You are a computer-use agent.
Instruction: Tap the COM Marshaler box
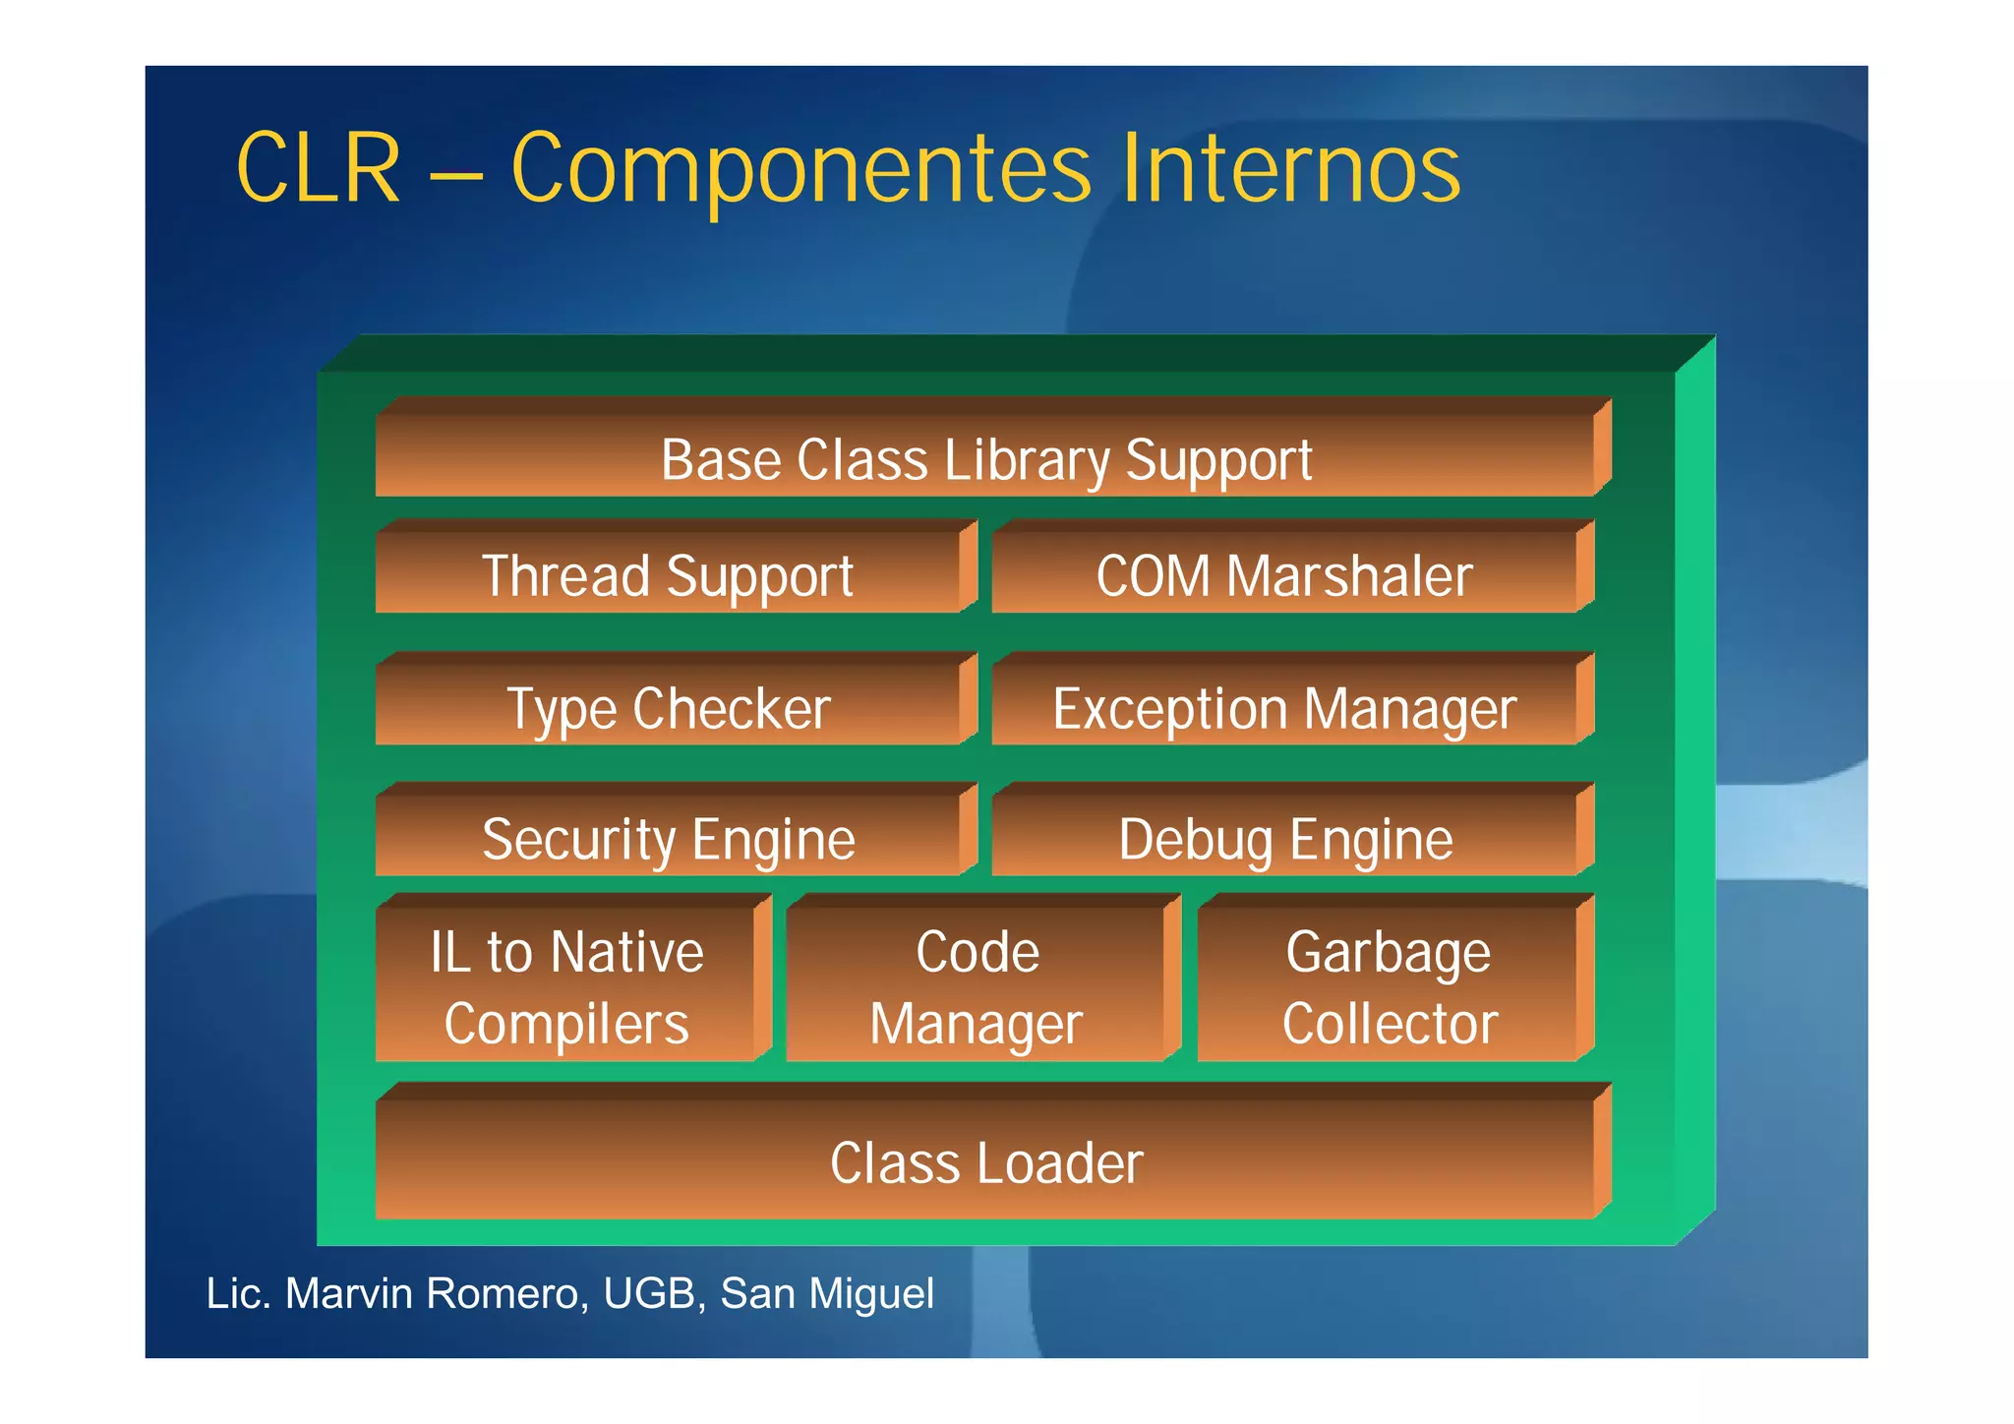tap(1284, 574)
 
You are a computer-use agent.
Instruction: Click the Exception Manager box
tap(1284, 707)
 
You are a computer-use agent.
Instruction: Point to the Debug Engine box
tap(1284, 838)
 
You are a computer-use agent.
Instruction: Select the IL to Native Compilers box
tap(567, 986)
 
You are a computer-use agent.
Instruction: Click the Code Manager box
tap(977, 986)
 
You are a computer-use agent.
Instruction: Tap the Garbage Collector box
tap(1389, 986)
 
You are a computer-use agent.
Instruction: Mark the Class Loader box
tap(986, 1161)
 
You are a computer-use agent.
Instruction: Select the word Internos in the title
tap(1290, 169)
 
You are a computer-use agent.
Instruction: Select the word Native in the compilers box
tap(626, 951)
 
